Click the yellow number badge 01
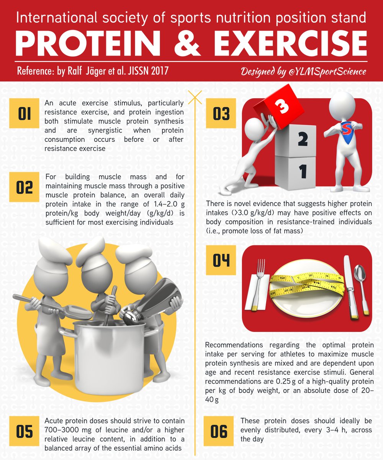[x=24, y=113]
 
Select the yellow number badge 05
[x=24, y=431]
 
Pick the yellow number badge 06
[x=218, y=431]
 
